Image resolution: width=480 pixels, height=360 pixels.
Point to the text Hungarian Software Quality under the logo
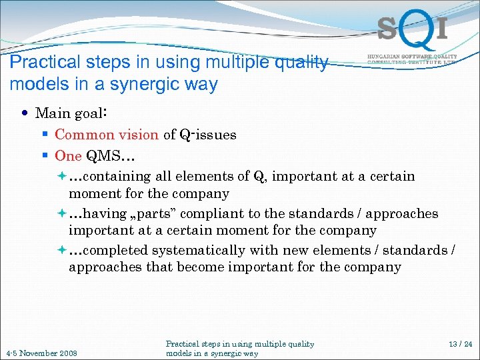coord(412,57)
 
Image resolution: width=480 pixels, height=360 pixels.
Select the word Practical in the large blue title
coord(39,63)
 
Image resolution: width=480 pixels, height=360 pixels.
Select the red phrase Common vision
coord(106,135)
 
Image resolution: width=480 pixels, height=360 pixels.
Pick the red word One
coord(67,156)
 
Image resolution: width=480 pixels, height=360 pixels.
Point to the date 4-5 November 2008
coord(41,353)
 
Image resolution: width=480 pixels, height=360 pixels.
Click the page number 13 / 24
coord(460,344)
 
